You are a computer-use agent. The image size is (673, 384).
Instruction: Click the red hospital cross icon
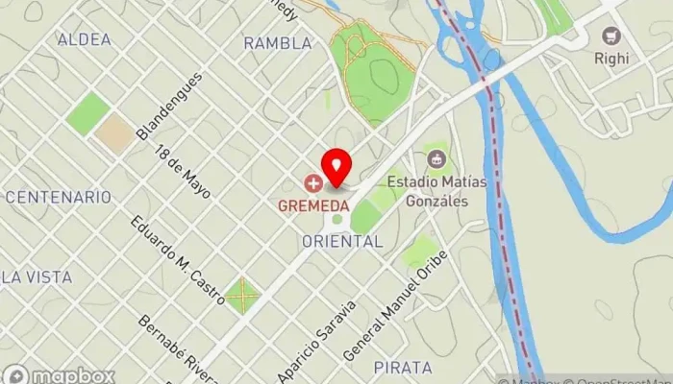click(312, 182)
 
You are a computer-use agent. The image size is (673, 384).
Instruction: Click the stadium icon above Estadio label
click(437, 156)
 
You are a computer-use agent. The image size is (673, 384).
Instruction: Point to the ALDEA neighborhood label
click(85, 39)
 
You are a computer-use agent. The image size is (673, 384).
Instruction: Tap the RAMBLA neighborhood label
click(278, 43)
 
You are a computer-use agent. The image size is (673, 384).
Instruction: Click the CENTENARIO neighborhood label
click(58, 197)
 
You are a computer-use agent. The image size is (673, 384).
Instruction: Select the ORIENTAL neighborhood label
click(342, 242)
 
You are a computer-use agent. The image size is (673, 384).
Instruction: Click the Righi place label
click(611, 59)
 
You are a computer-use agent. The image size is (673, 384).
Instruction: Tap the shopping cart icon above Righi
click(611, 36)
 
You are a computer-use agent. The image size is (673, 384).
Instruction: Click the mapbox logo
click(60, 374)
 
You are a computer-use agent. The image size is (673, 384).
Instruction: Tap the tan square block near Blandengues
click(114, 133)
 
